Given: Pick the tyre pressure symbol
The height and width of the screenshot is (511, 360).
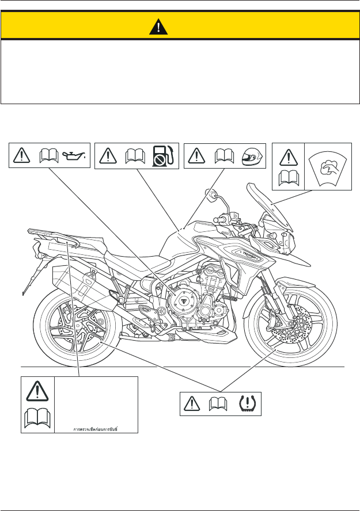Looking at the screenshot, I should [248, 403].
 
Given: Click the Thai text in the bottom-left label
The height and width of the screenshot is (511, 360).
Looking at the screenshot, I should [96, 428].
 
